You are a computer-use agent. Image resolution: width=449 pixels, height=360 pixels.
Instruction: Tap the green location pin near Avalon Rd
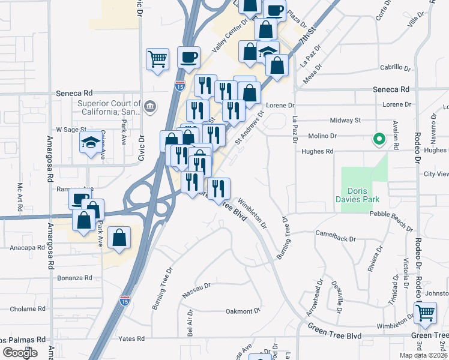(379, 140)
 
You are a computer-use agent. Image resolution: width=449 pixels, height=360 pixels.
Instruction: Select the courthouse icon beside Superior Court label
(149, 107)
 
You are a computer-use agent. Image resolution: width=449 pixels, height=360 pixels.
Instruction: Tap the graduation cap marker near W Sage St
(91, 143)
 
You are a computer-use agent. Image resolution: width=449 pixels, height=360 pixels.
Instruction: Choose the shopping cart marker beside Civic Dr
(157, 59)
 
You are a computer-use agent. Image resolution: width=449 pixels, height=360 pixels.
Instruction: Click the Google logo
(20, 353)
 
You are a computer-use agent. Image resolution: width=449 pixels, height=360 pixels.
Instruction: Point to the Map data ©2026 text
(423, 355)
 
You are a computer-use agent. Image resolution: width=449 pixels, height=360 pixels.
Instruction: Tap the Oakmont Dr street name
(242, 311)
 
